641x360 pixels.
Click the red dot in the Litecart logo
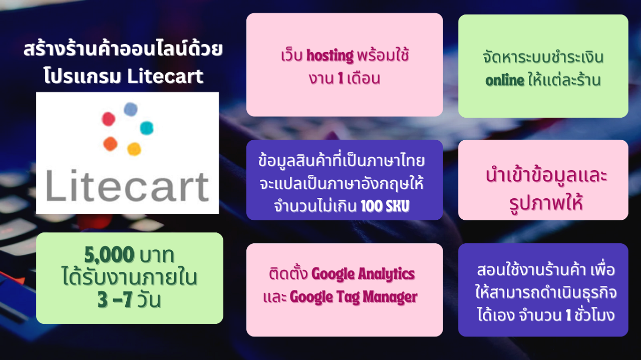pyautogui.click(x=109, y=119)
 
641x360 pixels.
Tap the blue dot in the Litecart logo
pyautogui.click(x=131, y=109)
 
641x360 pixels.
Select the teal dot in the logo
pyautogui.click(x=147, y=128)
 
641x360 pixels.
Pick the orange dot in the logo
pyautogui.click(x=110, y=144)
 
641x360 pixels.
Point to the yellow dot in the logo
pyautogui.click(x=134, y=149)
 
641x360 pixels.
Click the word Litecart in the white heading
pyautogui.click(x=165, y=76)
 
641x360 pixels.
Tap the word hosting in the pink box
pyautogui.click(x=330, y=56)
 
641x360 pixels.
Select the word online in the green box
pyautogui.click(x=505, y=81)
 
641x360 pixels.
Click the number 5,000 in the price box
pyautogui.click(x=109, y=254)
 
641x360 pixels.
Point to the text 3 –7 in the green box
pyautogui.click(x=115, y=299)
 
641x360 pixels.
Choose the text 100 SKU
pyautogui.click(x=385, y=206)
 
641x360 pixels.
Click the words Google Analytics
pyautogui.click(x=363, y=274)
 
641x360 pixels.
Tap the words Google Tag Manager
pyautogui.click(x=354, y=297)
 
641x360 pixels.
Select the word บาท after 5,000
pyautogui.click(x=156, y=255)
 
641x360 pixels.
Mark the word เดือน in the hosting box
pyautogui.click(x=364, y=79)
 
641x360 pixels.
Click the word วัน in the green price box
pyautogui.click(x=149, y=299)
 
